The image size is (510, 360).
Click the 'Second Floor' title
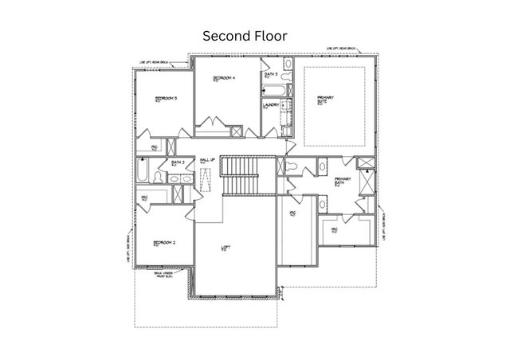244,36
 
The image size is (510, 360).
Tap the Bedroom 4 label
224,78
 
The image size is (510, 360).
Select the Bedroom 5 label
165,98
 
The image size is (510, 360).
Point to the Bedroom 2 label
165,242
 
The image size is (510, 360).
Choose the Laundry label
269,104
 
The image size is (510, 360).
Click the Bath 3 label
271,74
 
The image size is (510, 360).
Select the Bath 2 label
178,162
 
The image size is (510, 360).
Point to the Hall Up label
207,160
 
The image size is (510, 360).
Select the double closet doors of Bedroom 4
211,124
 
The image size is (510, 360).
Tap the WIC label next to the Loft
292,215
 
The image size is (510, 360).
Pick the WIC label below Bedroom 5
155,148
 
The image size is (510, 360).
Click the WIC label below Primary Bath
335,230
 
